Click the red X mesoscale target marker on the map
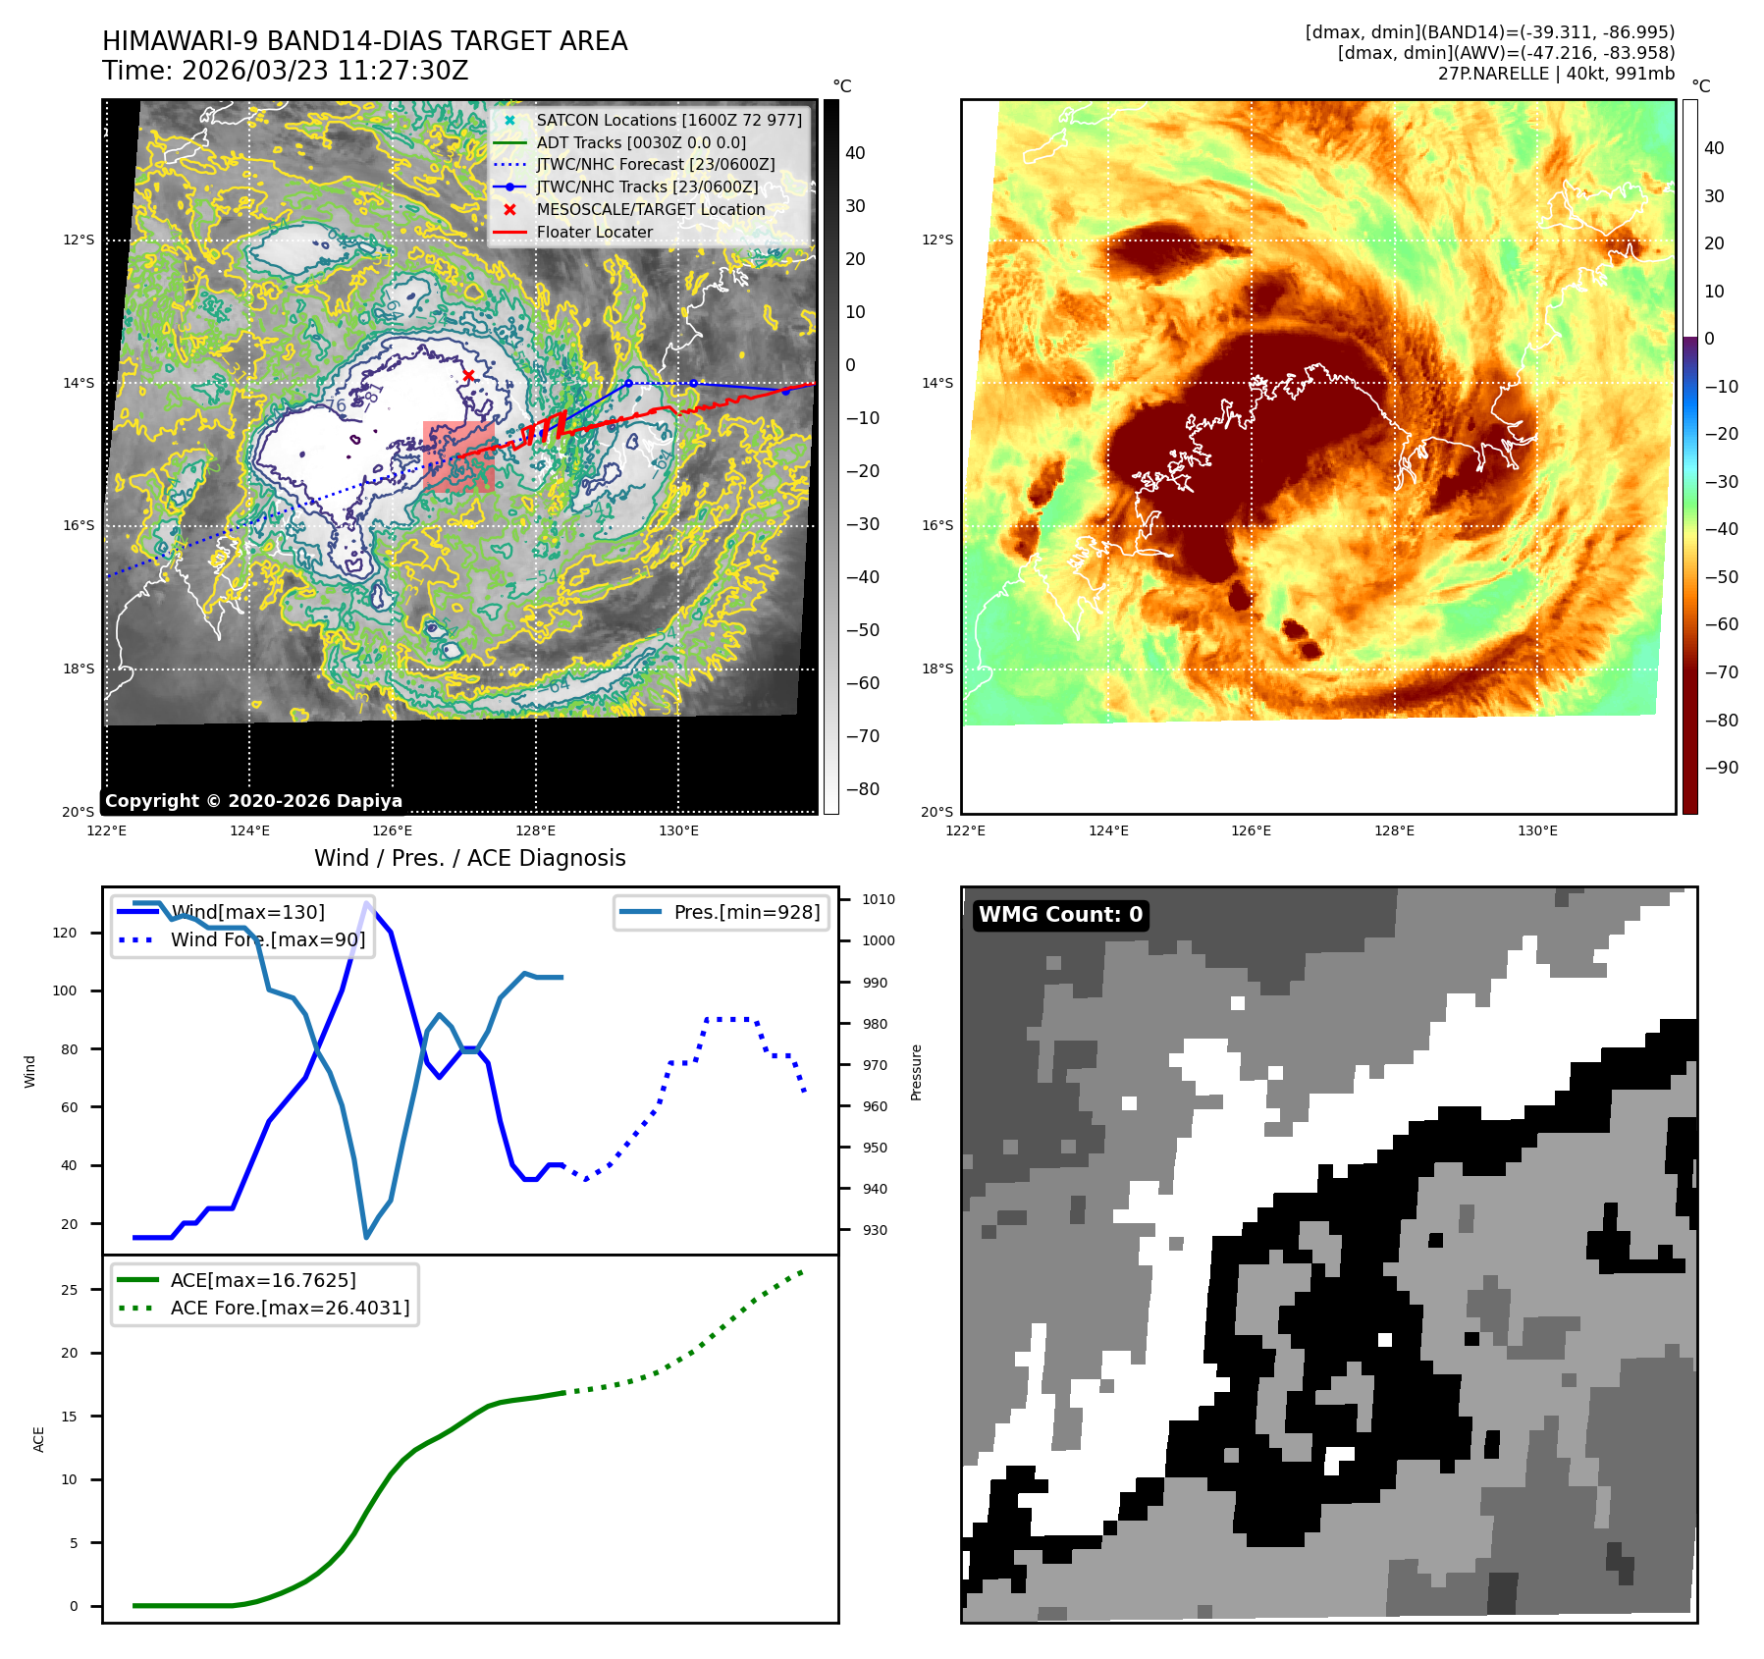pos(468,375)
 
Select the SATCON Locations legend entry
pos(668,120)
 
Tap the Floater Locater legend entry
pos(594,232)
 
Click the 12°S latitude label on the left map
pos(80,240)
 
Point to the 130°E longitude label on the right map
pos(1537,830)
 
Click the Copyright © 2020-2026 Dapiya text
pos(253,801)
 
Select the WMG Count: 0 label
pos(1060,915)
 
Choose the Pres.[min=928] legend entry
pos(746,912)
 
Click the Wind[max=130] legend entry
pos(247,912)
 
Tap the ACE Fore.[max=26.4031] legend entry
pos(290,1308)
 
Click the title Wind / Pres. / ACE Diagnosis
pos(469,858)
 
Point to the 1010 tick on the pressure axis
pos(878,899)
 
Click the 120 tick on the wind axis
pos(65,933)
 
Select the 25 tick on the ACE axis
pos(69,1290)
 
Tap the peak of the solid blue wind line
pos(367,903)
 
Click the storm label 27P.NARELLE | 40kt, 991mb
pos(1556,74)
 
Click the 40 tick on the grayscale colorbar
pos(855,153)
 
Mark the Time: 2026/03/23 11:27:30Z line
pos(286,71)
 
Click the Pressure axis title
pos(916,1072)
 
